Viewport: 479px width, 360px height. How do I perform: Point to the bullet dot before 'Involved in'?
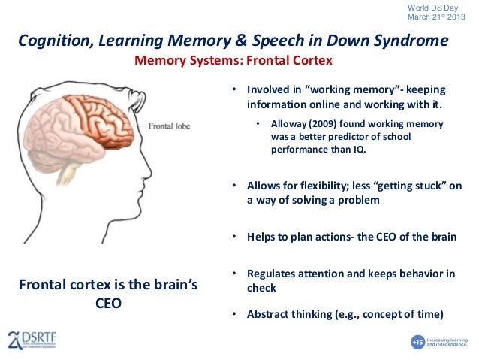point(234,89)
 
